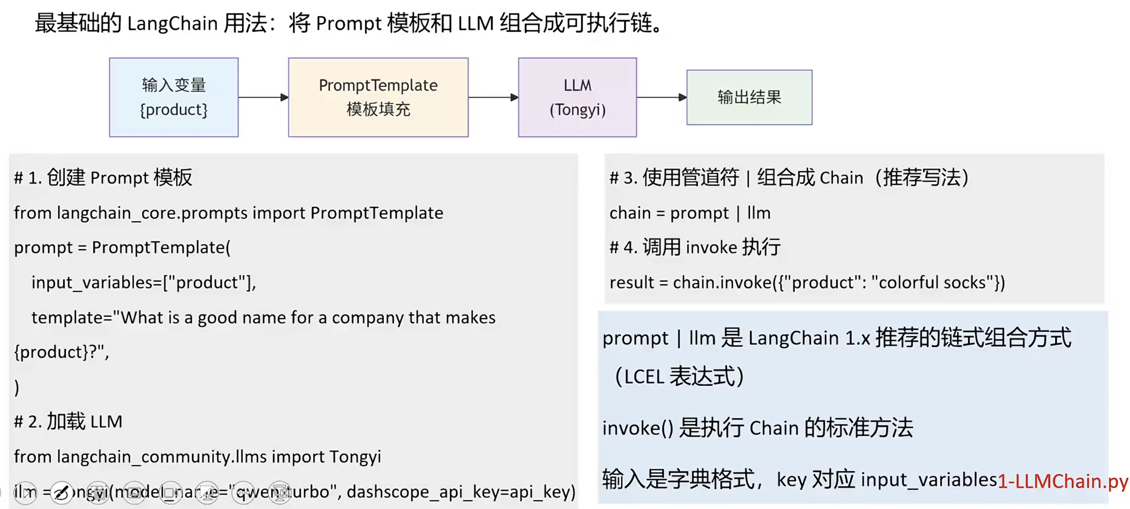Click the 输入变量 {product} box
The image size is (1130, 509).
click(174, 97)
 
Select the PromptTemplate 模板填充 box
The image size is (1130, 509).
click(378, 97)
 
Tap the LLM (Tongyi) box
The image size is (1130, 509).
click(577, 97)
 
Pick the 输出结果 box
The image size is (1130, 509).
click(749, 97)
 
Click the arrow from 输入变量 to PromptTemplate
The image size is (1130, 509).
click(263, 97)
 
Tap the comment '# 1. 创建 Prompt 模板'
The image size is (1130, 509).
click(103, 177)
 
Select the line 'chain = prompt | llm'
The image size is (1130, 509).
click(690, 213)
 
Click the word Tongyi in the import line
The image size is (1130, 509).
click(355, 457)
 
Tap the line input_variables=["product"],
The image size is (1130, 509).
click(143, 283)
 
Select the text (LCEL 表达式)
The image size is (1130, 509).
click(680, 377)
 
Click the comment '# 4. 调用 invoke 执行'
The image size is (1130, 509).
click(695, 248)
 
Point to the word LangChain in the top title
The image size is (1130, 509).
click(172, 23)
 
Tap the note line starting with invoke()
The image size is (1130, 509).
click(757, 428)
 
